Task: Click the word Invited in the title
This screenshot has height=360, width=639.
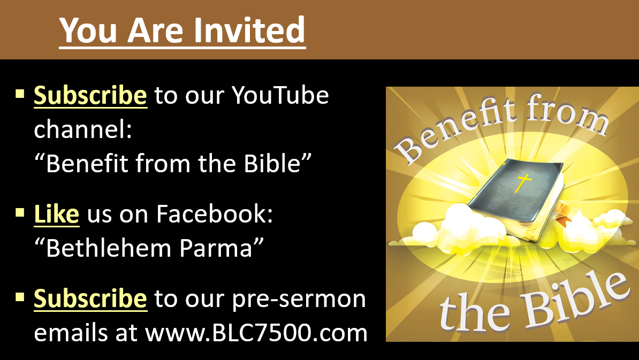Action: point(249,30)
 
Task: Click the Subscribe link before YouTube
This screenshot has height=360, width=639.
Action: point(90,96)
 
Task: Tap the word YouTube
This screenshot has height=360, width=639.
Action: point(280,95)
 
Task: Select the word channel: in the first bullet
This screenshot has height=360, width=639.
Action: point(83,129)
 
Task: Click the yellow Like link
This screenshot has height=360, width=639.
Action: point(56,214)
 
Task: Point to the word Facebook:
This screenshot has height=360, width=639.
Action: point(215,213)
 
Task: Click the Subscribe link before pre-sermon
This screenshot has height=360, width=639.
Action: point(90,298)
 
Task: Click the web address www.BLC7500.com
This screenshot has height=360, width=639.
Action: point(257,333)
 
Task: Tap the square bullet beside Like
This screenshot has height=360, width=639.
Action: point(20,212)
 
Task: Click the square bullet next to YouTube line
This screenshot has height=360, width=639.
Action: point(20,94)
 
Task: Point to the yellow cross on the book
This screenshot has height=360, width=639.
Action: point(523,182)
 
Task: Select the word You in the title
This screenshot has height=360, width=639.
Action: point(88,30)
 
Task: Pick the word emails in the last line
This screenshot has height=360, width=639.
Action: point(71,333)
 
